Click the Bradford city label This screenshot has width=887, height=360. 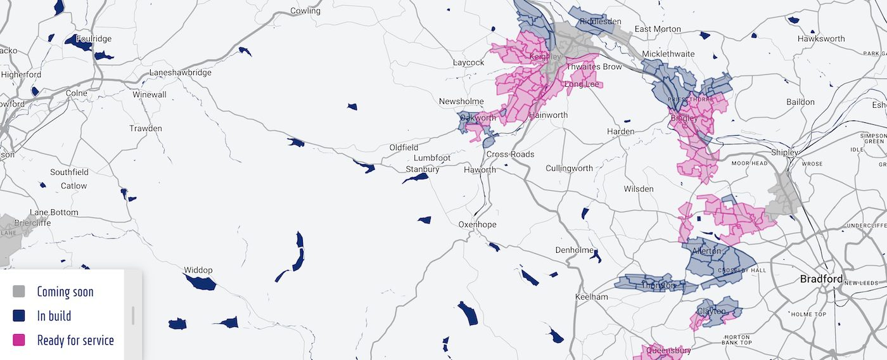[821, 279]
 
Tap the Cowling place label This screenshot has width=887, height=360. [305, 11]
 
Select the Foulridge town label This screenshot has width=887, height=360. [94, 39]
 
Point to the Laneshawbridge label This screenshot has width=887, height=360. [180, 73]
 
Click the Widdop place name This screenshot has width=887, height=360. [198, 271]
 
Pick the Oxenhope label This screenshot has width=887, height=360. [478, 224]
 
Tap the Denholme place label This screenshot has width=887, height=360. [574, 250]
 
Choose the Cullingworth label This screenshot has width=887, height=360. [570, 168]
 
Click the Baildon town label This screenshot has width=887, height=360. [800, 101]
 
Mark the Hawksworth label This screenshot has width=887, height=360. [821, 39]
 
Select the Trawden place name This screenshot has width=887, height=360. [146, 129]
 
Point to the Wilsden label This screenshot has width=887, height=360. [639, 189]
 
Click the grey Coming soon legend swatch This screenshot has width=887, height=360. [19, 292]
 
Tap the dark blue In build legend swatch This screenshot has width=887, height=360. [19, 316]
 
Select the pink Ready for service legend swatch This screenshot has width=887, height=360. [19, 340]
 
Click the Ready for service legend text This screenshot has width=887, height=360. [75, 340]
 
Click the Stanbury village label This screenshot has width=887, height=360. [423, 169]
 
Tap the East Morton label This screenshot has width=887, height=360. [658, 29]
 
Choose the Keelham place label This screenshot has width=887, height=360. [591, 297]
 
